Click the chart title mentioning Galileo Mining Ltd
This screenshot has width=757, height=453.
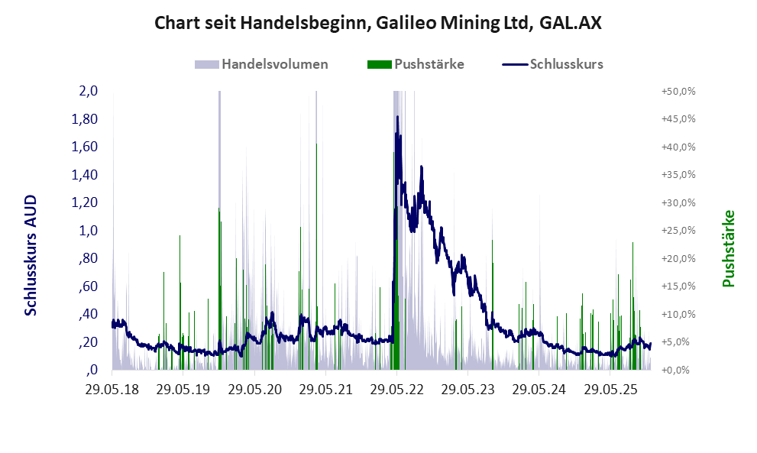[x=378, y=23]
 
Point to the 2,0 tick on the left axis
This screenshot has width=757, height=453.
[x=88, y=91]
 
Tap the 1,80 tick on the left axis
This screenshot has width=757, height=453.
[x=85, y=119]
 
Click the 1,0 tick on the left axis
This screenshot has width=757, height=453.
[x=88, y=231]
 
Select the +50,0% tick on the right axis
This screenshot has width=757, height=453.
[x=678, y=91]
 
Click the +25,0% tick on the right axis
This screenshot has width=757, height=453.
[x=678, y=231]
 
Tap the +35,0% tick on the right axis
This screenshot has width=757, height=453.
[x=678, y=175]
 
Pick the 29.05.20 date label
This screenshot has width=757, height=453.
[x=254, y=390]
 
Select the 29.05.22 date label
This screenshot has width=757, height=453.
[x=397, y=390]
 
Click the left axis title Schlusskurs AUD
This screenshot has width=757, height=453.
[x=31, y=255]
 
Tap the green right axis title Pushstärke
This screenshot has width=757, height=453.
[x=728, y=249]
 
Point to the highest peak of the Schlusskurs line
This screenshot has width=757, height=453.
[x=397, y=117]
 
